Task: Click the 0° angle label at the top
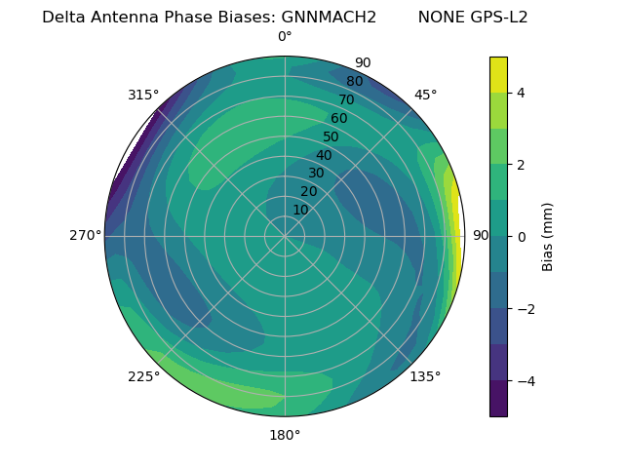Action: (x=285, y=37)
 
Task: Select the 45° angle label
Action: (x=425, y=95)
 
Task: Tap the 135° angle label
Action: (x=425, y=376)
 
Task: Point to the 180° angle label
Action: (x=285, y=435)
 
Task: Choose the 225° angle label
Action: (x=143, y=376)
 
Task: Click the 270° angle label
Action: (x=86, y=236)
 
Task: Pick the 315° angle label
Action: (x=143, y=95)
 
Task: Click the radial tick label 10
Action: (x=300, y=210)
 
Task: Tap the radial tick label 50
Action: (x=331, y=136)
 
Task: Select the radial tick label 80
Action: (x=354, y=82)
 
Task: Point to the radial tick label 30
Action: (x=316, y=174)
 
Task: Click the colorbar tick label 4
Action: (x=521, y=93)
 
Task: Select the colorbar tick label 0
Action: (x=521, y=236)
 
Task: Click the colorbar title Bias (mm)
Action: (x=548, y=236)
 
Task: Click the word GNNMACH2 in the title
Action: (x=329, y=18)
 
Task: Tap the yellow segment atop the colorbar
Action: (x=498, y=74)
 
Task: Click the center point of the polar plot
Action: (x=285, y=236)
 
